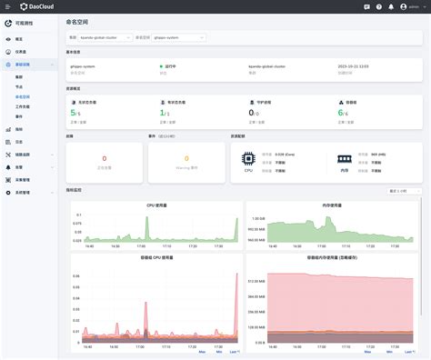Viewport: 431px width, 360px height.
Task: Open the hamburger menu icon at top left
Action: (7, 6)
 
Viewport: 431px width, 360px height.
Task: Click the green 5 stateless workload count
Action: (72, 114)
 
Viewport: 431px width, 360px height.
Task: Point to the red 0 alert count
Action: (104, 158)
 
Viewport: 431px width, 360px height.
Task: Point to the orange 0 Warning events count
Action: (187, 158)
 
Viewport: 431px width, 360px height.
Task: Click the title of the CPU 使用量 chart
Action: (156, 205)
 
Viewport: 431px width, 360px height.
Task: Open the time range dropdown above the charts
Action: (405, 191)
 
